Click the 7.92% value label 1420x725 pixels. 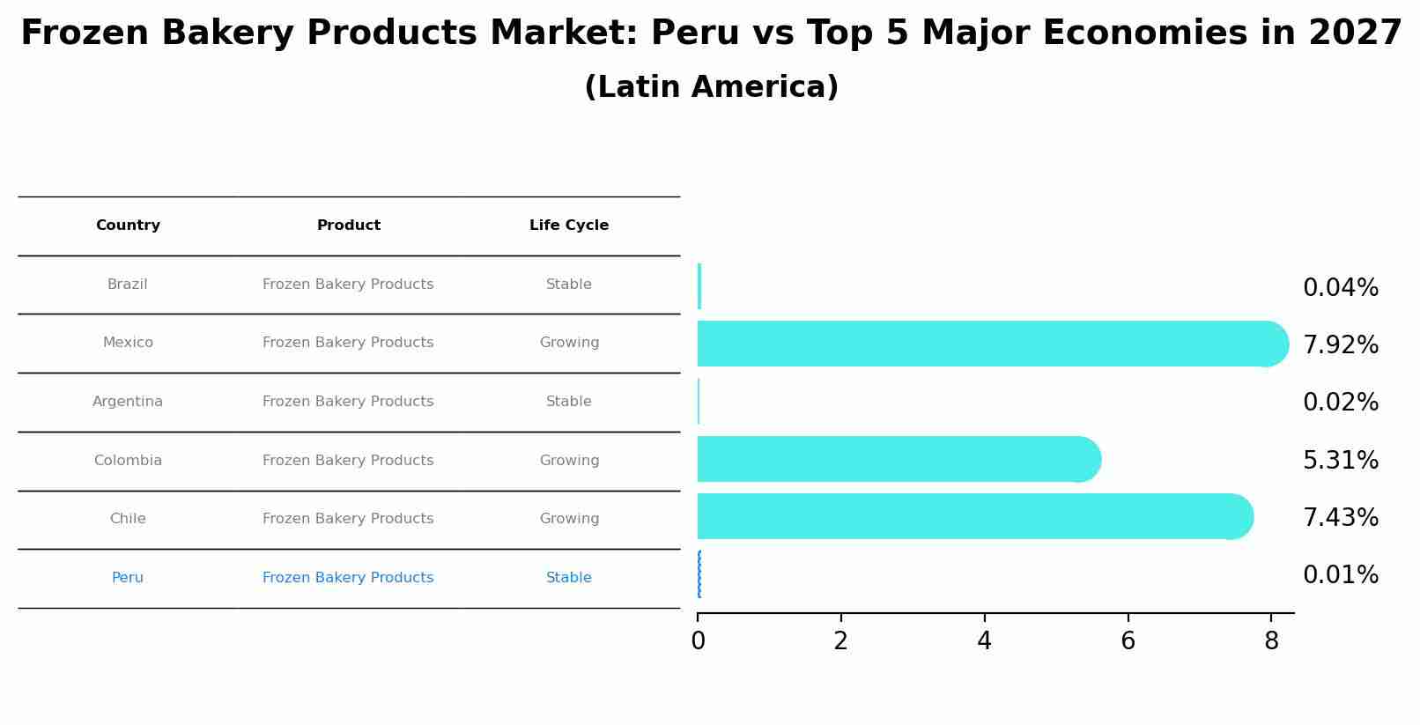point(1340,345)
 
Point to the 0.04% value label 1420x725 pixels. point(1340,288)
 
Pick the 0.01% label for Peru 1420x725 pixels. point(1340,575)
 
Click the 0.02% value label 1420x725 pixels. point(1340,403)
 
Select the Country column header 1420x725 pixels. point(128,226)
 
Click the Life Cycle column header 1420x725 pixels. point(569,226)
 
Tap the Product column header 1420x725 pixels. point(349,226)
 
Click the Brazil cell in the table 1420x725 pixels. point(128,285)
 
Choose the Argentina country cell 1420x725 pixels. point(128,402)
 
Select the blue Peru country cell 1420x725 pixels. point(128,578)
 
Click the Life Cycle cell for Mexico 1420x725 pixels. point(569,343)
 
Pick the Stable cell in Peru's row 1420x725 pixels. point(569,578)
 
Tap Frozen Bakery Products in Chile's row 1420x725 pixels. point(348,519)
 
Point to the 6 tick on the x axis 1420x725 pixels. point(1128,641)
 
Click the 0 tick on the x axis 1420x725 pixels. point(698,641)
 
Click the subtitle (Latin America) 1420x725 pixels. point(711,87)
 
